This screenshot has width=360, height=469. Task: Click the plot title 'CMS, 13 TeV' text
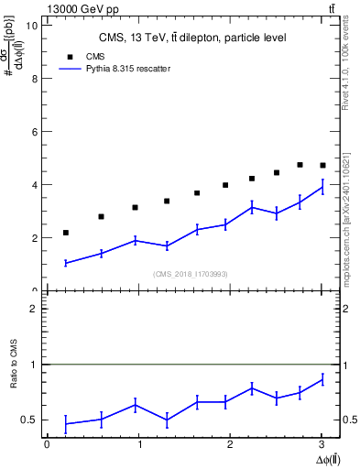point(192,38)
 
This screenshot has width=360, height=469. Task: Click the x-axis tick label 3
point(322,444)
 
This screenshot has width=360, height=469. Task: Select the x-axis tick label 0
point(47,444)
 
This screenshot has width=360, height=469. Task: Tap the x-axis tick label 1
point(138,444)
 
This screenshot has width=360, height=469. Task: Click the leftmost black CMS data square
point(66,233)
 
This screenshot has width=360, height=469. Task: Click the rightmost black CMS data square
point(322,166)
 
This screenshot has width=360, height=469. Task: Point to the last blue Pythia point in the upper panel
point(322,187)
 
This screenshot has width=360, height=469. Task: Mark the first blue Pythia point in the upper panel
point(66,263)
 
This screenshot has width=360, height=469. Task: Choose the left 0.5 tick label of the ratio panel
point(33,420)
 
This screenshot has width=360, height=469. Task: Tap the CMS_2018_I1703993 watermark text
point(191,273)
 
